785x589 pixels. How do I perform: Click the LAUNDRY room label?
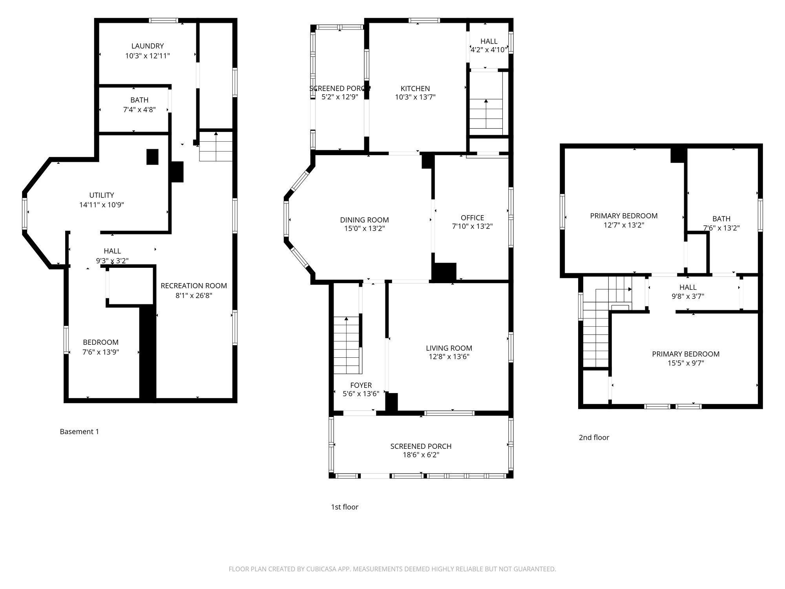coord(148,46)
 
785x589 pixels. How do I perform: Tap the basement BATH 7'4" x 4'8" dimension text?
coord(139,110)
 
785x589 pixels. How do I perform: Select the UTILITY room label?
coord(102,195)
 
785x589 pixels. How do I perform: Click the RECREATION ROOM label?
coord(194,286)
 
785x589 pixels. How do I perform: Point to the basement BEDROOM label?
coord(100,342)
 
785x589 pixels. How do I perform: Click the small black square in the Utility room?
coord(152,157)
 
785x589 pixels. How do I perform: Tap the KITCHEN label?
coord(415,88)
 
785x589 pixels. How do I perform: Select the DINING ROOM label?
coord(364,220)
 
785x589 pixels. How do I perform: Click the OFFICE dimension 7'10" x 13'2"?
coord(472,227)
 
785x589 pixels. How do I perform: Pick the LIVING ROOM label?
coord(449,348)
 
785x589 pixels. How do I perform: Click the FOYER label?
coord(361,385)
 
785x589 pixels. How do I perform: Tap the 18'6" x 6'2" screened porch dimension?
coord(421,455)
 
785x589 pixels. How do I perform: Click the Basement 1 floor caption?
coord(79,432)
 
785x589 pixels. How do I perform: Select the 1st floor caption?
coord(345,507)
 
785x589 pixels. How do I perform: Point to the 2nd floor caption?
coord(594,437)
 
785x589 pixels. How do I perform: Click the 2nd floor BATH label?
coord(721,219)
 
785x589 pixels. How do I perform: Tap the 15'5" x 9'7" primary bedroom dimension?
coord(686,363)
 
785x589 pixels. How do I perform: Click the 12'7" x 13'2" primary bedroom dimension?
coord(624,225)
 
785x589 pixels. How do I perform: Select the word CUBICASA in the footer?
coord(323,569)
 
